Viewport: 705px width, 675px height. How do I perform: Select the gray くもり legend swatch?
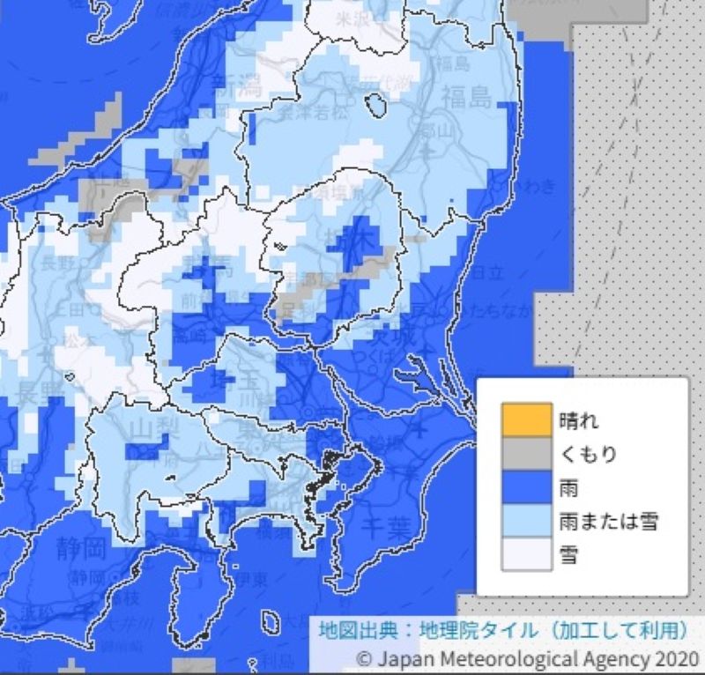526,455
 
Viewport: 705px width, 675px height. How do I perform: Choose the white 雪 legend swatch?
526,555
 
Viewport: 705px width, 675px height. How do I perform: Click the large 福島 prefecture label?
467,97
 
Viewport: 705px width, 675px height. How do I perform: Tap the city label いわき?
536,186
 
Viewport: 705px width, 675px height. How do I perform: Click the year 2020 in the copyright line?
676,658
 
